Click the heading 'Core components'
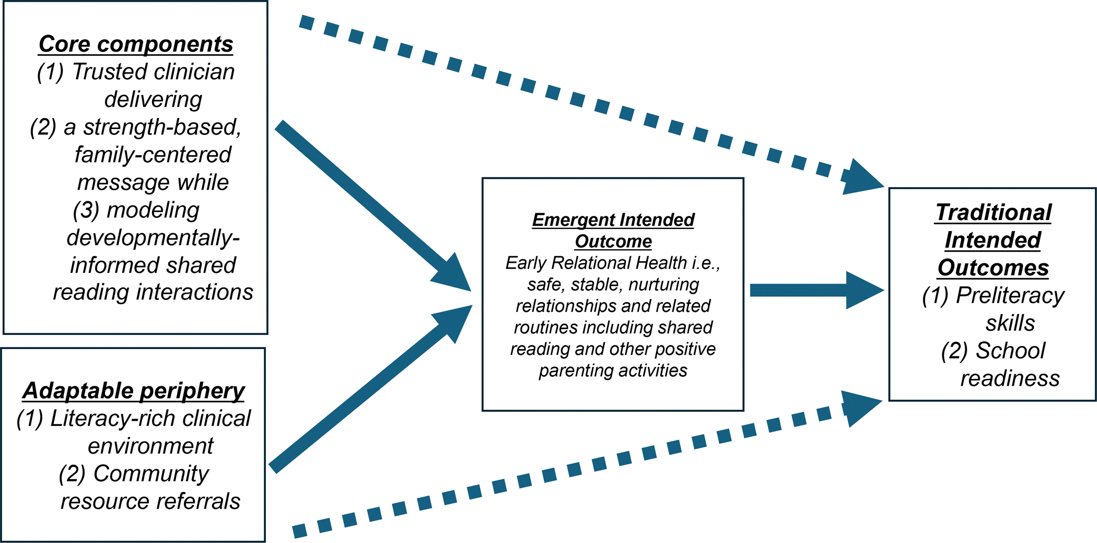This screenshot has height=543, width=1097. [x=136, y=44]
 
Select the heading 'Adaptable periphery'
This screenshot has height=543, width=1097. [x=133, y=391]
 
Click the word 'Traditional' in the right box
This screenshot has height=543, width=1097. [x=993, y=213]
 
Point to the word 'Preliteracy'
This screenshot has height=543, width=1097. [x=1010, y=296]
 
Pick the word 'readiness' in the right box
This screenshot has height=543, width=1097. [x=1010, y=378]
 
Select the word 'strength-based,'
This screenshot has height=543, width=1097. [x=162, y=128]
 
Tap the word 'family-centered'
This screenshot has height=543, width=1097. [x=153, y=155]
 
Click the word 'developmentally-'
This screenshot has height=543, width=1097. [x=153, y=238]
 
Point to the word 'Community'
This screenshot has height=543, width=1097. [x=151, y=474]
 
